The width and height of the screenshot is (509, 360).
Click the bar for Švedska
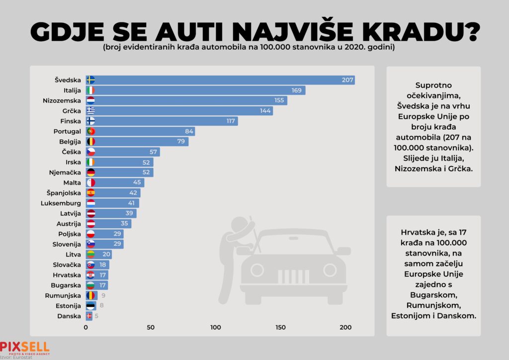click(219, 80)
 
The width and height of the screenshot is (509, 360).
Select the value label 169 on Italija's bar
click(297, 90)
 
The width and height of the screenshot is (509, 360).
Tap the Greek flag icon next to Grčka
click(90, 111)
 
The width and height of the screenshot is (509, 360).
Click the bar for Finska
click(162, 121)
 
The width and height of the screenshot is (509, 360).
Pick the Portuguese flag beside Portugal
click(90, 132)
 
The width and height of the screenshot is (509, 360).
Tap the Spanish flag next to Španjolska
click(90, 193)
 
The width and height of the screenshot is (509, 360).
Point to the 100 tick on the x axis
click(216, 327)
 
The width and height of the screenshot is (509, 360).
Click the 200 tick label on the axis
click(345, 327)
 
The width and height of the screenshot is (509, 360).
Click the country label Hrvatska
click(67, 275)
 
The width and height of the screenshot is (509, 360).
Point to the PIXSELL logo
click(24, 347)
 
